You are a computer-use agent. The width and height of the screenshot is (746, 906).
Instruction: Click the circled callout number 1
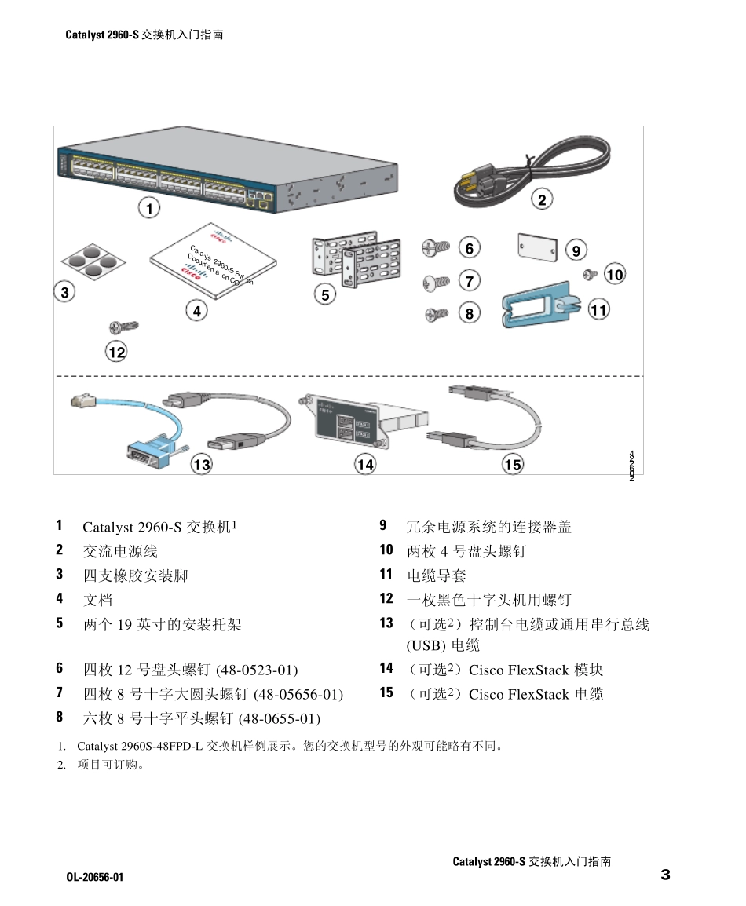coord(149,208)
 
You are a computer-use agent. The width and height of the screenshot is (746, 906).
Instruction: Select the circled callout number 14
coord(365,465)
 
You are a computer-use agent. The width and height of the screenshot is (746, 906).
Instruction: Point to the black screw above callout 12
coord(123,326)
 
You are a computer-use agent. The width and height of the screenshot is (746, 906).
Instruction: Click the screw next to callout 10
coord(592,274)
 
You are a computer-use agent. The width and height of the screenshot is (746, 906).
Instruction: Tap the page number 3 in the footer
coord(665,875)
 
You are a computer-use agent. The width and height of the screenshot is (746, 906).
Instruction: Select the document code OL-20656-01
coord(95,876)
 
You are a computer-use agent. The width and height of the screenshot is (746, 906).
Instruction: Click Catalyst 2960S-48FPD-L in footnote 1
coord(140,747)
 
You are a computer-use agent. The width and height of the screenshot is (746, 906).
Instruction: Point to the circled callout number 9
coord(576,250)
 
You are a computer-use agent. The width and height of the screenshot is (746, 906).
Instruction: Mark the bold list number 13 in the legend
coord(386,623)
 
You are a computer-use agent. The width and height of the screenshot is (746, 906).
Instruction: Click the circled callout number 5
coord(325,294)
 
